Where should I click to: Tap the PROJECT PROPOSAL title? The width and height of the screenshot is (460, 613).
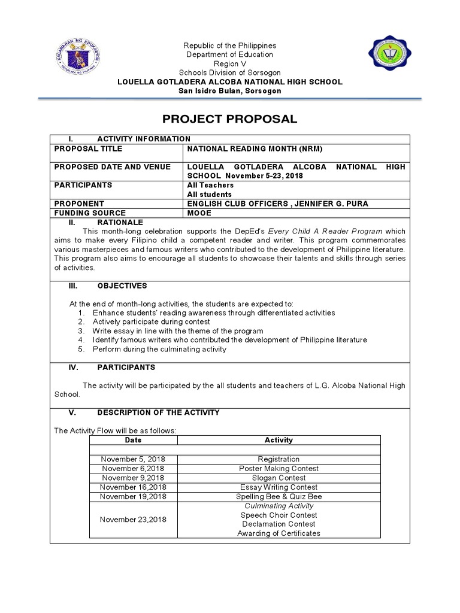[x=230, y=119]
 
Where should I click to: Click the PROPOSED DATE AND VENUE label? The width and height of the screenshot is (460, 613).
[x=112, y=167]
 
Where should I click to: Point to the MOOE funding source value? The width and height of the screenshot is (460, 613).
[x=199, y=213]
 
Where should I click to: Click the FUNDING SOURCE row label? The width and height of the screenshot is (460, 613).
[x=90, y=213]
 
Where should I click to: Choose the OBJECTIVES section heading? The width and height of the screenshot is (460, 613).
[x=122, y=286]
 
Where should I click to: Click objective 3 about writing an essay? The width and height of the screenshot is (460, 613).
[x=177, y=330]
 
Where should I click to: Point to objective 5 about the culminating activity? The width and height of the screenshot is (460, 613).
[x=159, y=349]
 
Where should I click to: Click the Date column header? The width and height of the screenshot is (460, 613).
[x=133, y=440]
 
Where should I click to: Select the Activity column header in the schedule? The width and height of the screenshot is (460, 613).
[x=279, y=440]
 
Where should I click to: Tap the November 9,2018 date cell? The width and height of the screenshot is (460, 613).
[x=133, y=478]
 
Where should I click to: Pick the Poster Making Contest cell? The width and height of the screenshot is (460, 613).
[x=279, y=469]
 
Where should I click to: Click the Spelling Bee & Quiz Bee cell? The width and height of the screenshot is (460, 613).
[x=279, y=496]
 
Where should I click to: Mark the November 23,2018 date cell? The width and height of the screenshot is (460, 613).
[x=133, y=520]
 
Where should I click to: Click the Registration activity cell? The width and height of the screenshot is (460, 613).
[x=279, y=459]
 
